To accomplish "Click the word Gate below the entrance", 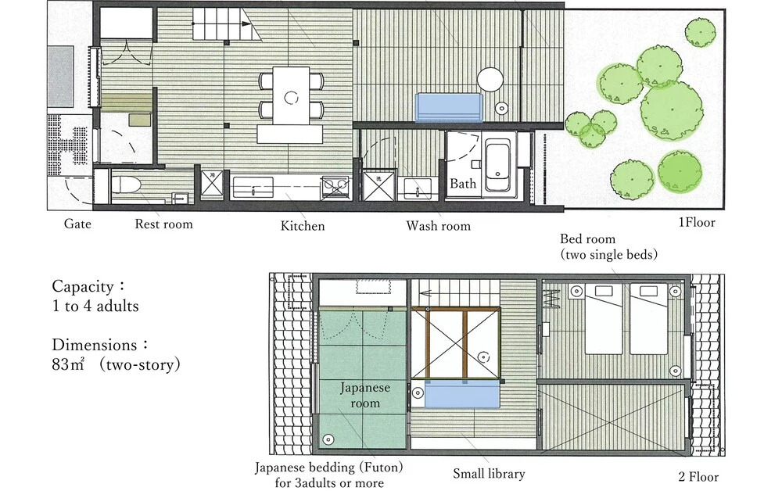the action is click(x=77, y=224).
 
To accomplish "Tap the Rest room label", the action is click(x=163, y=224).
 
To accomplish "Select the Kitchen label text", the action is click(x=302, y=226).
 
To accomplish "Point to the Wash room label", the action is click(x=439, y=226).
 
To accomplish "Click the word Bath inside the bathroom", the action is click(x=463, y=184).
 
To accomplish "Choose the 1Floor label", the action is click(x=697, y=222).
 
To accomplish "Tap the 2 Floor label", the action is click(x=698, y=477).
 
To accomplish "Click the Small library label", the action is click(x=489, y=474).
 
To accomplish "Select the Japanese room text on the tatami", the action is click(x=365, y=396).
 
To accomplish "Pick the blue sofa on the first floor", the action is click(x=450, y=108).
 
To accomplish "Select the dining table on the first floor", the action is click(x=291, y=95).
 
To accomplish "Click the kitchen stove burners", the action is click(x=335, y=187).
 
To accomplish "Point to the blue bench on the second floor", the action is click(x=462, y=394).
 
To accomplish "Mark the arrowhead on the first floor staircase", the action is click(x=246, y=23).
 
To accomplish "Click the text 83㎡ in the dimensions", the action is click(x=68, y=364).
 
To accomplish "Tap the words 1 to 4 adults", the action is click(x=95, y=306).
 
